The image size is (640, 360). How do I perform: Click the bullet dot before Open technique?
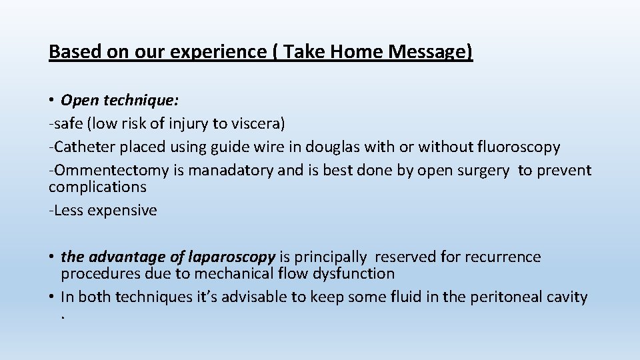coord(52,101)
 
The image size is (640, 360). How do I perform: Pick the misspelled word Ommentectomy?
coord(112,170)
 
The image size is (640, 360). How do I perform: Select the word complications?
coord(97,187)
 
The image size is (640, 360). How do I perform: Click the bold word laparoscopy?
coord(232,257)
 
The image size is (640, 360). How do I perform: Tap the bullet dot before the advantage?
coord(52,257)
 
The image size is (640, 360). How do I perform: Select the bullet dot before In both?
coord(52,297)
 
